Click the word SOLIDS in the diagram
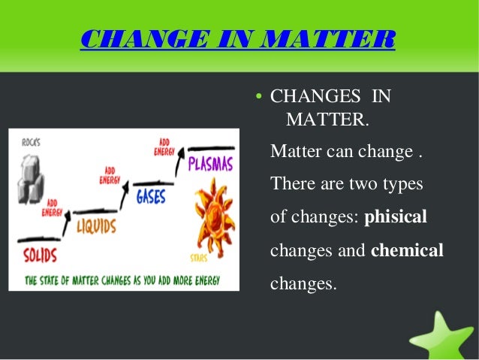tap(39, 254)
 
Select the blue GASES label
tap(151, 196)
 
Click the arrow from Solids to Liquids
tap(67, 222)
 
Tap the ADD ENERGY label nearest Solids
tap(53, 207)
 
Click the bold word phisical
tap(395, 217)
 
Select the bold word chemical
tap(407, 250)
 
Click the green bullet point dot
tap(258, 97)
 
